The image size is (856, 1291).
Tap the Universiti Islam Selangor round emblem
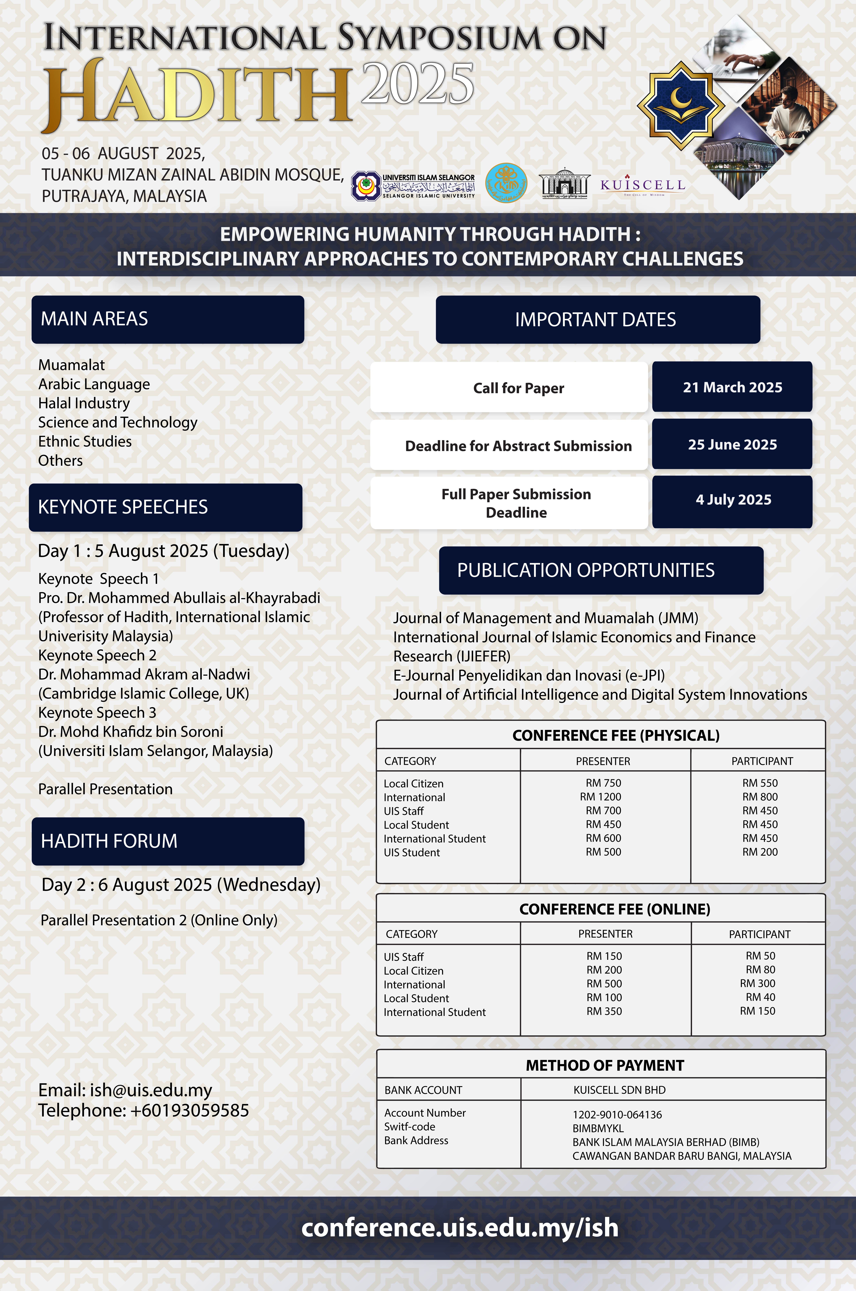(365, 186)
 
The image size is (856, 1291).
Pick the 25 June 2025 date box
(732, 444)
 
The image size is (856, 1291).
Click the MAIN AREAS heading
(94, 319)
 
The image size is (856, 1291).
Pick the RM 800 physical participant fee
(760, 797)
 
